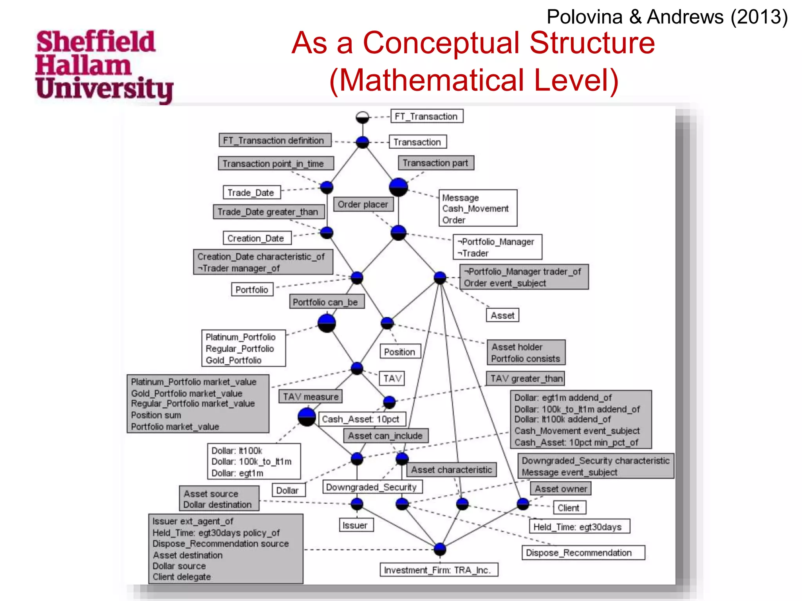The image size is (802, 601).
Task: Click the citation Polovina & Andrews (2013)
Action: (x=667, y=17)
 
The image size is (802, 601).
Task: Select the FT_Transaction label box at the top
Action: (x=427, y=116)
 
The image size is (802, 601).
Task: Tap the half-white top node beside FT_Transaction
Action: (x=362, y=117)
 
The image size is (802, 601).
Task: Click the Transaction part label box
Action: (x=435, y=163)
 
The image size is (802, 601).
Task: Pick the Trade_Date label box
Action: (x=251, y=193)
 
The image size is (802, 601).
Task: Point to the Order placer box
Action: (x=363, y=204)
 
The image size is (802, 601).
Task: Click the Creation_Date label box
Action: (x=256, y=238)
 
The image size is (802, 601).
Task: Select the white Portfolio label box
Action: (x=252, y=290)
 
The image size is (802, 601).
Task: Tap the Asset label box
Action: (x=502, y=315)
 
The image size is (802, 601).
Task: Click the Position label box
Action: (x=399, y=351)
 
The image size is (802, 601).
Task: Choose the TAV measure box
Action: (x=311, y=396)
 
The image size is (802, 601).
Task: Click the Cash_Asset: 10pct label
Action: (x=361, y=419)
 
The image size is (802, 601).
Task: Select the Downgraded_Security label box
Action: (x=372, y=487)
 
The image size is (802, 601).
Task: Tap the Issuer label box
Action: (x=355, y=525)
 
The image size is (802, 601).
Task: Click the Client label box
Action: (x=569, y=507)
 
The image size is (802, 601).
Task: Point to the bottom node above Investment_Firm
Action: (x=440, y=549)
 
